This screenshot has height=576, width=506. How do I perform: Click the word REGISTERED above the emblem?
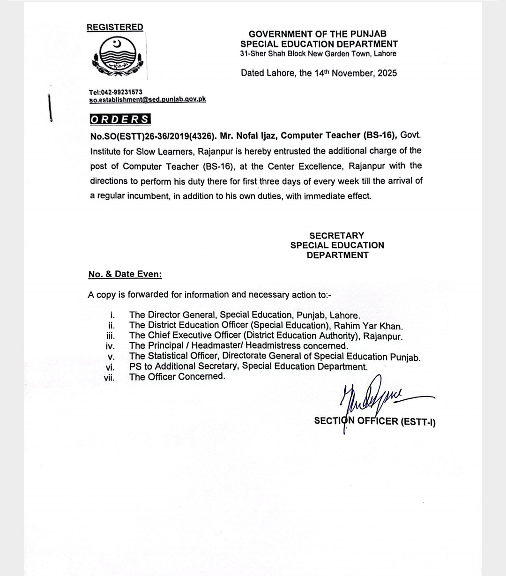point(115,27)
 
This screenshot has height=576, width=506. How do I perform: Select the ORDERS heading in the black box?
point(120,119)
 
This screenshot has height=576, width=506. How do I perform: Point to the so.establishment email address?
point(148,99)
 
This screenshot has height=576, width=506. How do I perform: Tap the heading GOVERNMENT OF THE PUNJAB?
point(318,34)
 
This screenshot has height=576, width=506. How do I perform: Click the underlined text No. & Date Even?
point(125,274)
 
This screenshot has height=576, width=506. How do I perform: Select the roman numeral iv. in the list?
point(110,346)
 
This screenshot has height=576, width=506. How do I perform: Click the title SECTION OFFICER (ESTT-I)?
point(375,421)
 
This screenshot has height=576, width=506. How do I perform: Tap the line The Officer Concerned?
point(177,376)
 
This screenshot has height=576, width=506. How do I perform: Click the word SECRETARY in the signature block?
point(336,235)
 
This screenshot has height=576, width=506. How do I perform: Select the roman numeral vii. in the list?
point(109,377)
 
